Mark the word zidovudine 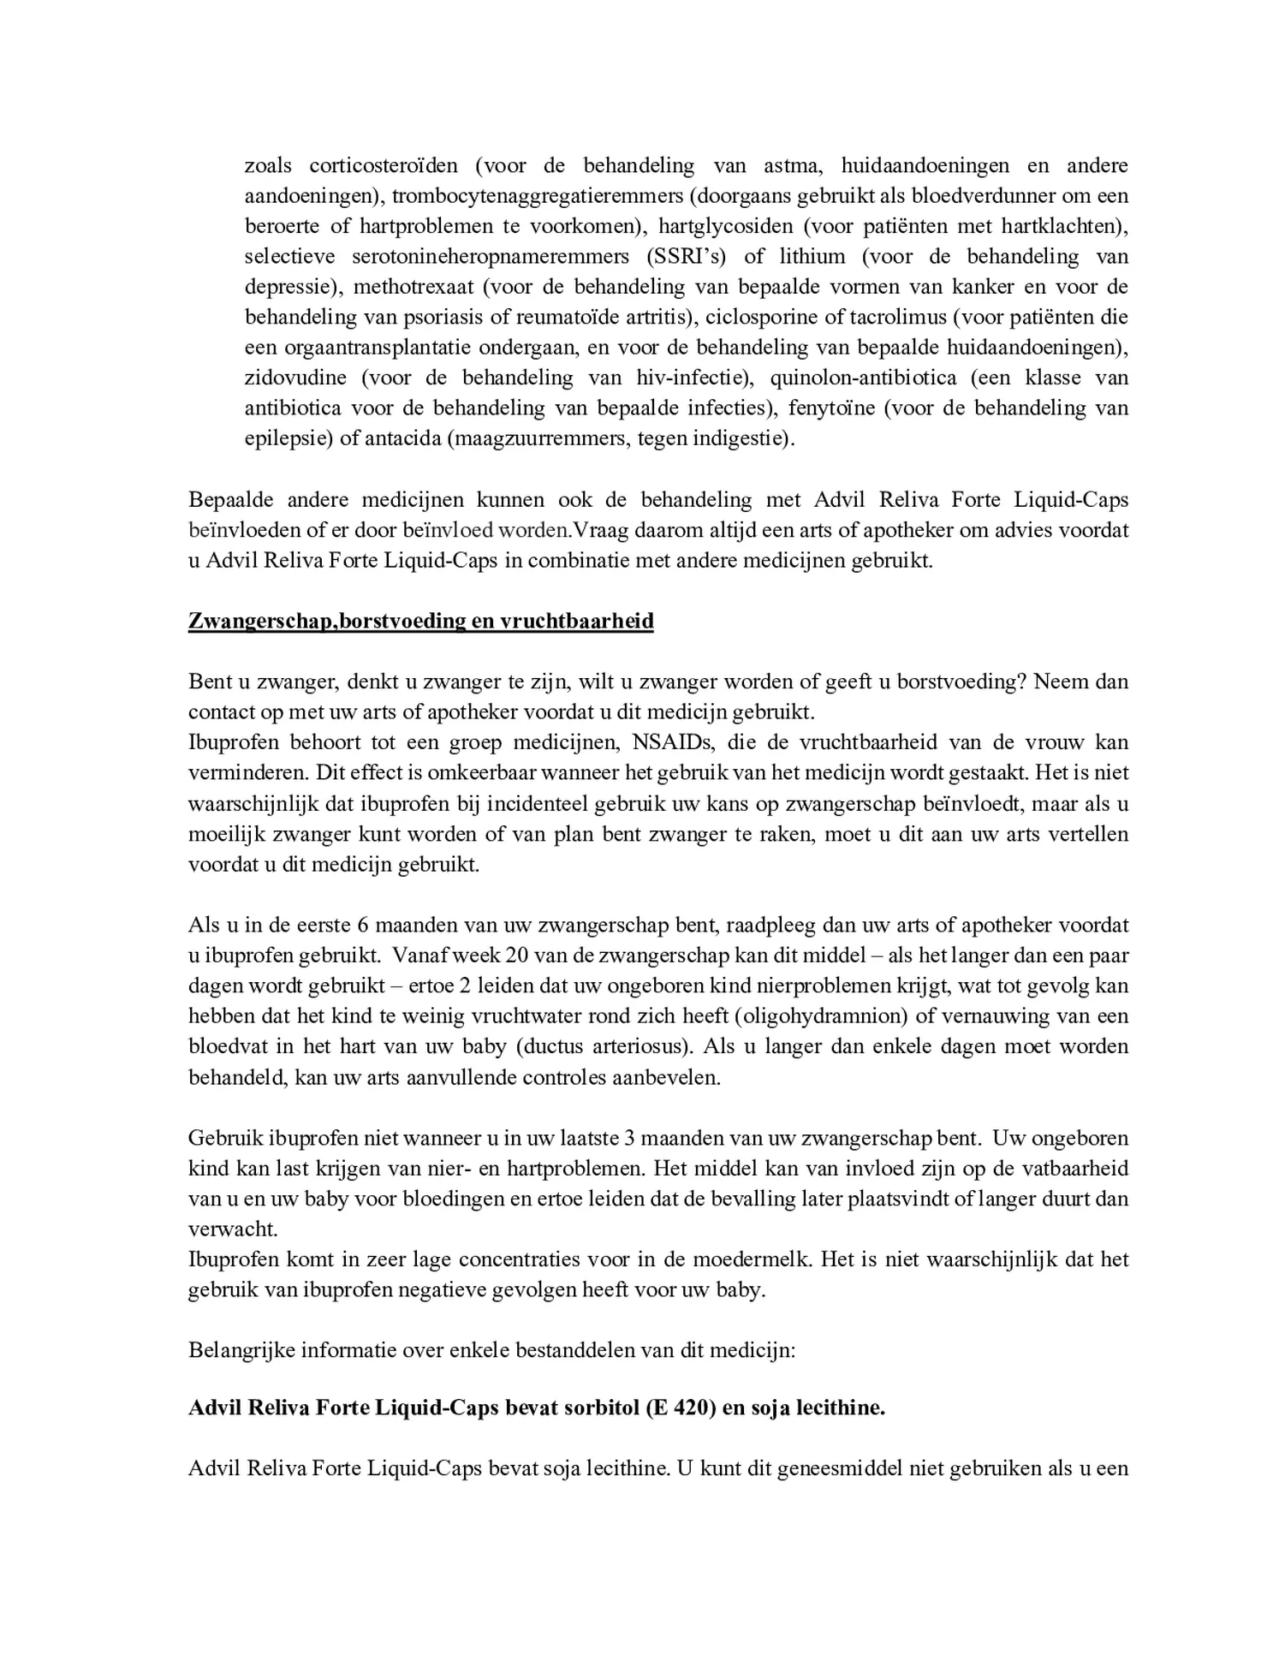295,378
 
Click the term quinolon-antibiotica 883,378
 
